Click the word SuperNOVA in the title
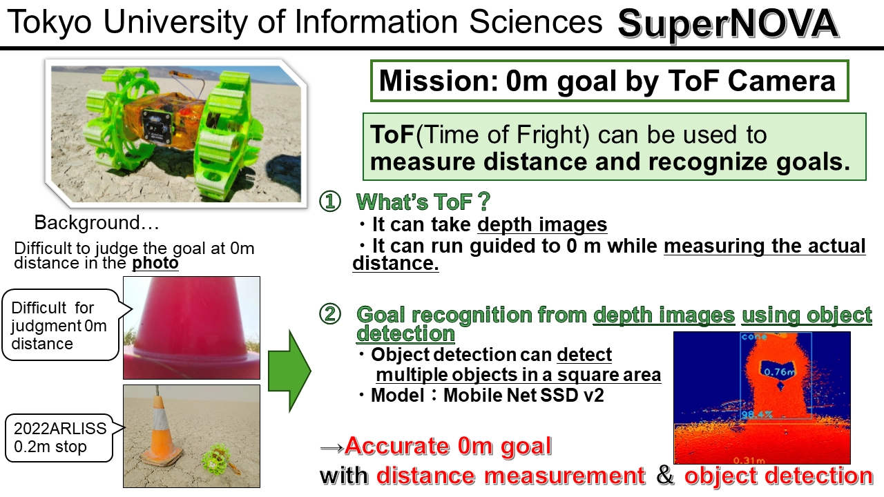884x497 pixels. click(x=728, y=24)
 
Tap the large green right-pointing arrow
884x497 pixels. click(x=289, y=371)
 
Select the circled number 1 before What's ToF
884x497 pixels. click(x=330, y=202)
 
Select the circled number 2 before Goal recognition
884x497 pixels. click(x=330, y=315)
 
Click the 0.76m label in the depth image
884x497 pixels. click(x=779, y=371)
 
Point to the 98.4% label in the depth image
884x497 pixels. click(x=756, y=415)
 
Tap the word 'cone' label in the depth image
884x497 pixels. click(x=754, y=336)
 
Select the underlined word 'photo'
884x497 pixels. click(x=155, y=263)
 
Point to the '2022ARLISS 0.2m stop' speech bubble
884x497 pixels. click(x=59, y=438)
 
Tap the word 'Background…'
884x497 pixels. click(x=97, y=223)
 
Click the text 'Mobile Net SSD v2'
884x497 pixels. click(x=523, y=396)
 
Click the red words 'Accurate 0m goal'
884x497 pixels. click(x=448, y=446)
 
